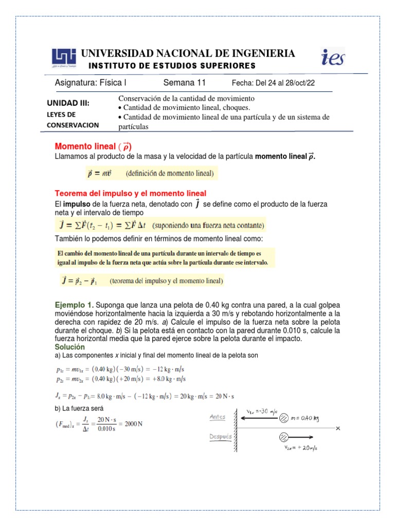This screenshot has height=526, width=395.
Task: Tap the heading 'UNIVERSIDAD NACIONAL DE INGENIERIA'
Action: pos(188,53)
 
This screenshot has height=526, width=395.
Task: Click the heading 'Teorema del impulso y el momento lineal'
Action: pos(131,193)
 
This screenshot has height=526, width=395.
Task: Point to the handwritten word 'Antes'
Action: pos(218,417)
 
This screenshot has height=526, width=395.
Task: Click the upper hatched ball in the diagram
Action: pos(283,419)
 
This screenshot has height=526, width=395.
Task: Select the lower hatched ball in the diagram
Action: pos(283,437)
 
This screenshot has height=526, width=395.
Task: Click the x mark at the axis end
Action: pos(338,428)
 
